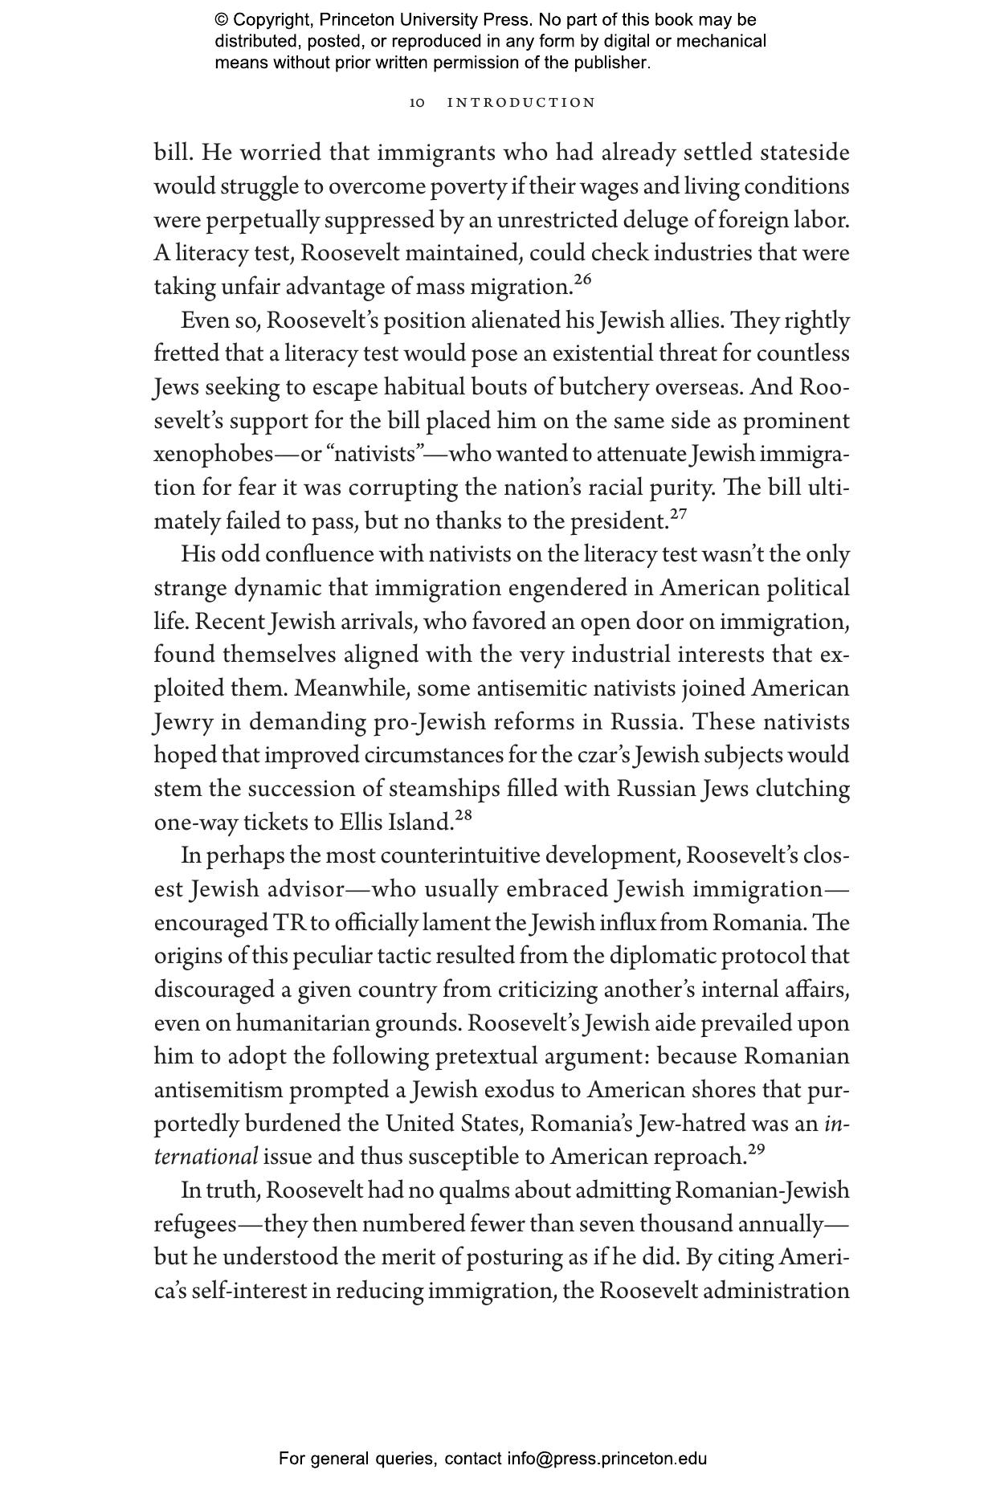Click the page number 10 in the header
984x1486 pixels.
[x=416, y=103]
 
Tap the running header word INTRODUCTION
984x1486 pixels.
[x=521, y=103]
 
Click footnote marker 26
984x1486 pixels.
[x=582, y=280]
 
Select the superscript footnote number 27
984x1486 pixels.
[x=678, y=514]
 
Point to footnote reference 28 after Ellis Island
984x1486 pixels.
[x=463, y=815]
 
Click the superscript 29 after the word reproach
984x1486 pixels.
[x=756, y=1149]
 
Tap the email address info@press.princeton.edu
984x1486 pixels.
[x=606, y=1458]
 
